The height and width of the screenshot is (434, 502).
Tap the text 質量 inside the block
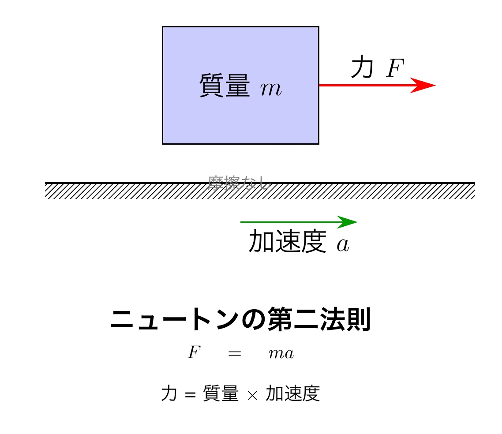pos(225,86)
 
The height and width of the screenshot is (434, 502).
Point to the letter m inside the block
pos(270,90)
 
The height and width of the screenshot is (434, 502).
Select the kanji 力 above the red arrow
pos(362,68)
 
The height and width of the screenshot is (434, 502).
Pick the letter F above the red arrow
pos(395,69)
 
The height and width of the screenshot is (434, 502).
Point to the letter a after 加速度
pos(343,245)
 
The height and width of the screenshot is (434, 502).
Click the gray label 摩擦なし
pos(239,183)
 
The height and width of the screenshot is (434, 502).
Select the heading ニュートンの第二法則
pos(240,320)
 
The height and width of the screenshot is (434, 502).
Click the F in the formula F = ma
pos(194,353)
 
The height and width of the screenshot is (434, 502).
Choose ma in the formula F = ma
pos(281,354)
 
